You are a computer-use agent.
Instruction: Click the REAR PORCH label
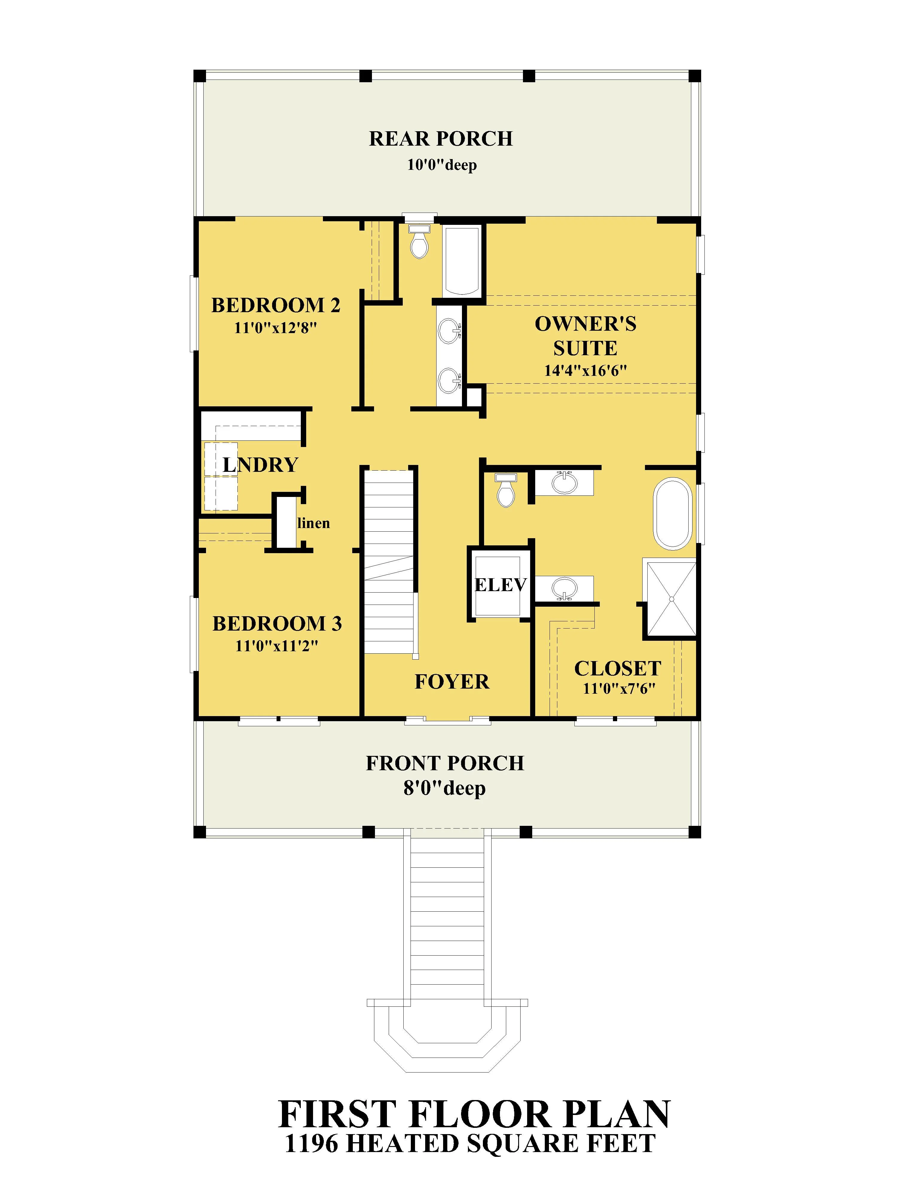[441, 139]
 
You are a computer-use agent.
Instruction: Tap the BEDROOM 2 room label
[276, 306]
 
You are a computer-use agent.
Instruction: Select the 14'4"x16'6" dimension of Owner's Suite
[585, 371]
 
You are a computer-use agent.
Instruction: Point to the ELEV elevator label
[500, 585]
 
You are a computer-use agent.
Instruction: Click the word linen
[314, 523]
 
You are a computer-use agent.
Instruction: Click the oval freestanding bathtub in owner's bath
[673, 514]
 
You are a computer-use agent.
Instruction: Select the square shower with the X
[671, 599]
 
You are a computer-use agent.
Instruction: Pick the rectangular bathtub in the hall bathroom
[461, 261]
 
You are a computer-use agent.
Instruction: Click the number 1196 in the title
[312, 1144]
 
